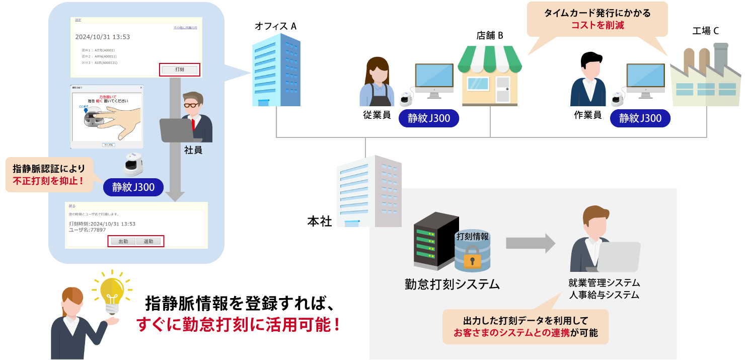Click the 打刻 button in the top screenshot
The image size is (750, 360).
tap(180, 69)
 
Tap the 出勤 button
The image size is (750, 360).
tap(123, 241)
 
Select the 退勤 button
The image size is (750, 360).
tap(148, 241)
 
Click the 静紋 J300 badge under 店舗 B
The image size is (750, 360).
tap(428, 118)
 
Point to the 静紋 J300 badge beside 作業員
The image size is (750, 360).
tap(640, 118)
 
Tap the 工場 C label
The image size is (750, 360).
tap(705, 31)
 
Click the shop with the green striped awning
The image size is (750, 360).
tap(490, 75)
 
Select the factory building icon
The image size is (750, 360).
tap(705, 76)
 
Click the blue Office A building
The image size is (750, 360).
tap(276, 70)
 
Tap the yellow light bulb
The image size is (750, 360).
tap(112, 292)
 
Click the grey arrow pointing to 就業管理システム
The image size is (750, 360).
tap(531, 243)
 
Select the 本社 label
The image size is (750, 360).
tap(320, 221)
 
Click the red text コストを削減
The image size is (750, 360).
tap(597, 25)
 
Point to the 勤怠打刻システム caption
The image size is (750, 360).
tap(452, 284)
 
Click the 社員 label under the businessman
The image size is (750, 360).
tap(193, 150)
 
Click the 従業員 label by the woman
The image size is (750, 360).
tap(377, 114)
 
